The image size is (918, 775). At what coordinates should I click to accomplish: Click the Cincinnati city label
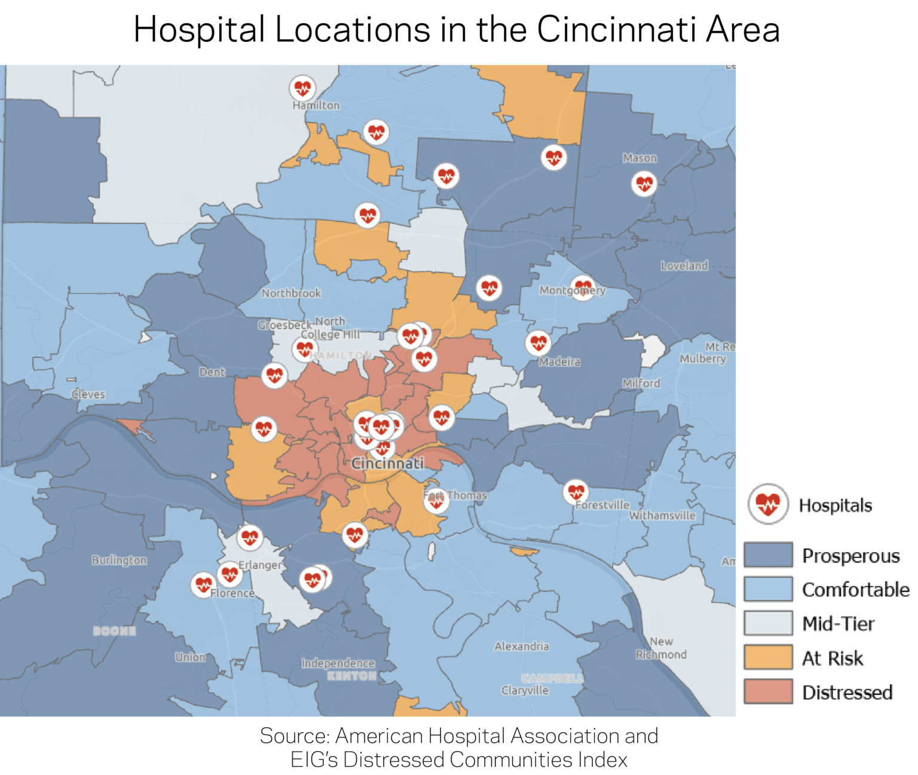point(387,463)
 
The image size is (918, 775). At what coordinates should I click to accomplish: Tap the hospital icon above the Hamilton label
point(302,88)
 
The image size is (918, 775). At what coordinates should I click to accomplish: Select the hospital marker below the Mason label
point(644,183)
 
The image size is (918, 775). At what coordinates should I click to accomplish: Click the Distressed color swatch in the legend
point(768,692)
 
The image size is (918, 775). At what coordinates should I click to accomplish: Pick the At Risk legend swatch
point(768,658)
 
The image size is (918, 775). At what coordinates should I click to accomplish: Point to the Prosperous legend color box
point(768,555)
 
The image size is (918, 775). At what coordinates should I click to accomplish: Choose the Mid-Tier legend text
point(838,624)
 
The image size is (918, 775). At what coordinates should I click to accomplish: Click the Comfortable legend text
point(855,590)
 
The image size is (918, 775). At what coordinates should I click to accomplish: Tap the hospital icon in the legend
point(768,504)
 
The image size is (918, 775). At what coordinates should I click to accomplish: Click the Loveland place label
point(684,265)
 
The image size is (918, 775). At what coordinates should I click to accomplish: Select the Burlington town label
point(119,560)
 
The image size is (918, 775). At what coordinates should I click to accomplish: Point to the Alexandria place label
point(521,646)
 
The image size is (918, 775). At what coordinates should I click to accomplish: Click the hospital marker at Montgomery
point(582,288)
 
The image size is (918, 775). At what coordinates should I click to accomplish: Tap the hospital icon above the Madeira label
point(538,343)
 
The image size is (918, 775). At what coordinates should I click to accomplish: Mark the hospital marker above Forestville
point(576,492)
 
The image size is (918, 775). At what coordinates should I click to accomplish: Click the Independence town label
point(338,663)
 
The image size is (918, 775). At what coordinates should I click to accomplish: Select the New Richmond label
point(661,648)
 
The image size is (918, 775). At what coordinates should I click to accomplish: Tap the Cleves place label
point(88,394)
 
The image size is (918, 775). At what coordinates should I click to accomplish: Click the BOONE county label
point(114,631)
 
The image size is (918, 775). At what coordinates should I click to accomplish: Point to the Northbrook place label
point(291,293)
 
